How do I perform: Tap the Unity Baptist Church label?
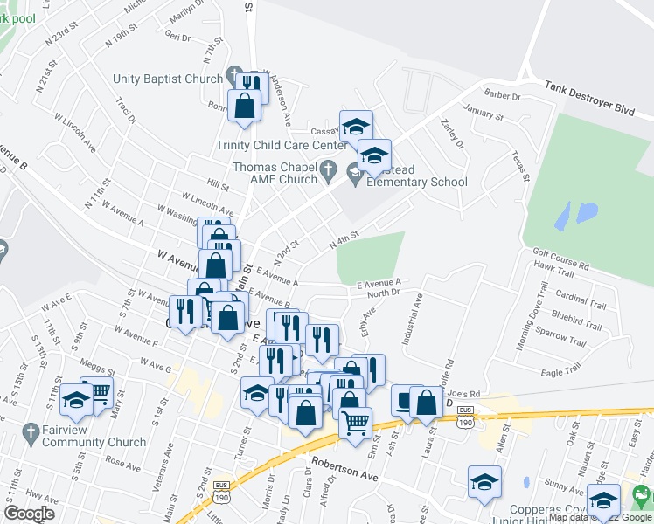click(168, 79)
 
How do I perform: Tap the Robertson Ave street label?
click(346, 471)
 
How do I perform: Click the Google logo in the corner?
click(29, 514)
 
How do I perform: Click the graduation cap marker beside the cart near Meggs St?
click(77, 400)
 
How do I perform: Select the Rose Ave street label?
click(123, 459)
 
